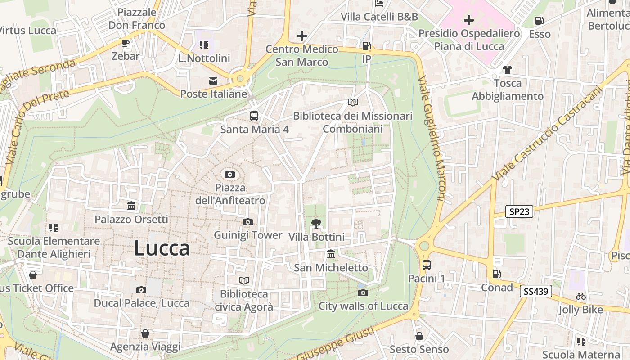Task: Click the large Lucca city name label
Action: pos(162,248)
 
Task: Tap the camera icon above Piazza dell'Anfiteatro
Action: pos(229,174)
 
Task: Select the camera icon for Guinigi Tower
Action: pos(247,222)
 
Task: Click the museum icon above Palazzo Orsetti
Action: pos(131,206)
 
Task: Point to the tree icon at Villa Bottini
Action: pos(316,223)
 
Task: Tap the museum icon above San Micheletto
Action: pos(331,254)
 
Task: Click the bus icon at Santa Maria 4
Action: pos(254,116)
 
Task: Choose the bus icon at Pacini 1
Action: pos(426,265)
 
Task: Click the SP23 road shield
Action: pos(519,212)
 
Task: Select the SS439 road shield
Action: pos(535,291)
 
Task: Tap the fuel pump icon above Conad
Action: pos(496,274)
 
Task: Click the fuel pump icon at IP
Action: pos(367,46)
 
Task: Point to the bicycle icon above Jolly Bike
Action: pos(581,297)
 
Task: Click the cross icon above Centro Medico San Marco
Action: pos(301,36)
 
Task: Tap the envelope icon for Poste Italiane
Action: pos(213,81)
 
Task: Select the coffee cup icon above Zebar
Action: pos(126,43)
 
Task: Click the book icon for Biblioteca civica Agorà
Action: pos(244,281)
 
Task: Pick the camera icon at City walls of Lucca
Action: pos(363,293)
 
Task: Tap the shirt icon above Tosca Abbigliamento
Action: pos(508,70)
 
